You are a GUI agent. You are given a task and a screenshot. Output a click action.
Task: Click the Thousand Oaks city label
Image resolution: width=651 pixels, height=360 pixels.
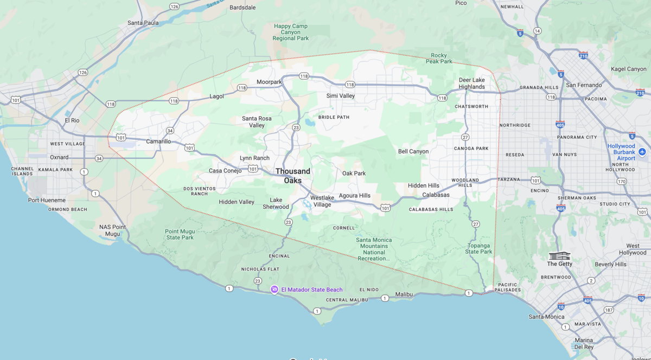293,176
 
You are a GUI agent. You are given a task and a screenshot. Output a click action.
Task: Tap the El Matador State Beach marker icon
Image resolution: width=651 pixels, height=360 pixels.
275,290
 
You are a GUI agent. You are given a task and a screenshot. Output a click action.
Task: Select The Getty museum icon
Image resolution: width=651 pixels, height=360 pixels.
559,255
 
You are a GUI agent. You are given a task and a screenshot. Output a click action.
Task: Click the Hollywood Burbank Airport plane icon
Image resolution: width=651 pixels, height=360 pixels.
642,151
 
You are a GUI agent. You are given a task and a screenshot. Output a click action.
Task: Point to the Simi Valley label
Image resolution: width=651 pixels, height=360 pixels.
340,96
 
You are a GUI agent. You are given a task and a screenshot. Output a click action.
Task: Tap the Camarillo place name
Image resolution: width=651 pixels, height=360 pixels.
158,142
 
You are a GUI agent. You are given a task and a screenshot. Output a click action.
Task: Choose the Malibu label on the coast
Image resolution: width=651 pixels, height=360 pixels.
404,294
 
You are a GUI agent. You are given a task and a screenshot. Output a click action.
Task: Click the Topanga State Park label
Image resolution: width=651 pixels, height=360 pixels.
479,248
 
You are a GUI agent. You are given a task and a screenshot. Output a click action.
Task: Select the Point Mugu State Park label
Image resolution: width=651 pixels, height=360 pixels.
180,234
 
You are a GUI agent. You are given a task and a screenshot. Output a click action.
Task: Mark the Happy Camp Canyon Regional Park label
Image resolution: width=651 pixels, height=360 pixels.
291,32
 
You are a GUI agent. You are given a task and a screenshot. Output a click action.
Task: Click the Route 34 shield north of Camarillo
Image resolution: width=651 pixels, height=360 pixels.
170,131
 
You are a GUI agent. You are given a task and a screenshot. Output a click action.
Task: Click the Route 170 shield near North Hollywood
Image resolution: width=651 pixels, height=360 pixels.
621,181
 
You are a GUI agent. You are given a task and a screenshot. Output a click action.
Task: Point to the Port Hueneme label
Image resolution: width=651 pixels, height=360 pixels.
47,200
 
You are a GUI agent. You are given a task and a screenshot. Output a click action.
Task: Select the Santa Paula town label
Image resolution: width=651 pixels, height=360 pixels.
143,23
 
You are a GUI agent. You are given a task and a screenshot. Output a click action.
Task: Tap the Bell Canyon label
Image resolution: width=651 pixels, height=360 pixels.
413,151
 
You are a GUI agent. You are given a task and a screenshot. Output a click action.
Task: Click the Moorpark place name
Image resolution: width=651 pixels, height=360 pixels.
269,82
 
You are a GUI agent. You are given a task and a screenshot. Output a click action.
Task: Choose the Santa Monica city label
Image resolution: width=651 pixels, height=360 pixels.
546,317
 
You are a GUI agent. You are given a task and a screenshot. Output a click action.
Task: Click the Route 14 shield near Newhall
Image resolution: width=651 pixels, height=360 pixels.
537,31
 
